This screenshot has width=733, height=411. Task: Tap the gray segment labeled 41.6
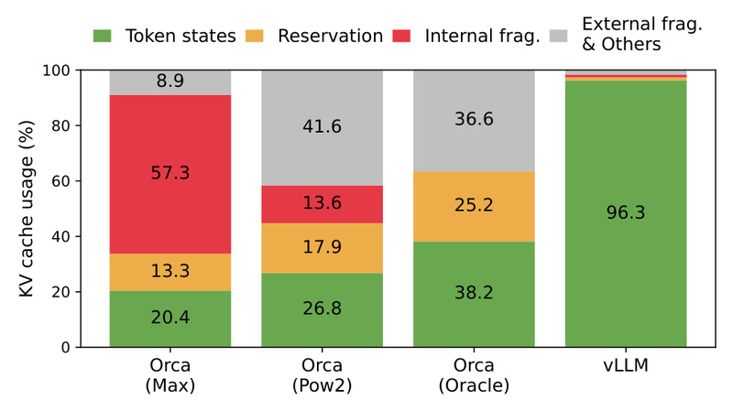[322, 128]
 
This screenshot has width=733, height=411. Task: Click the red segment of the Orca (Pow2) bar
[322, 204]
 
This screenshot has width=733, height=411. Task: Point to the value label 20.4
[170, 319]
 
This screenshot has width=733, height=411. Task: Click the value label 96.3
[626, 213]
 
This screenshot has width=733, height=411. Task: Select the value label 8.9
[170, 81]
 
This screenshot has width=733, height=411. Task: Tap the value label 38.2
[474, 294]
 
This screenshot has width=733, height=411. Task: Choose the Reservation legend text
[330, 37]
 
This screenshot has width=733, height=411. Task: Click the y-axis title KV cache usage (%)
[28, 209]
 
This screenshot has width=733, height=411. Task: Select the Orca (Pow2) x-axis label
[322, 376]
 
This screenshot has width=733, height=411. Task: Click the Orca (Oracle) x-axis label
[474, 376]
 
